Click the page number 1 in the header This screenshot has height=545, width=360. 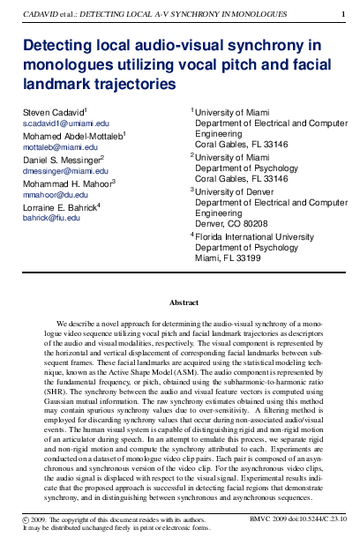pos(343,13)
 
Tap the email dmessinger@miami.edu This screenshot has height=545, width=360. pos(59,170)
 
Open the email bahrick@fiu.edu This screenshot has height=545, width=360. pos(49,216)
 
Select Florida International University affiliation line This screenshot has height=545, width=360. pos(252,237)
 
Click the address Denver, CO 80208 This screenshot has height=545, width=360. pos(230,224)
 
